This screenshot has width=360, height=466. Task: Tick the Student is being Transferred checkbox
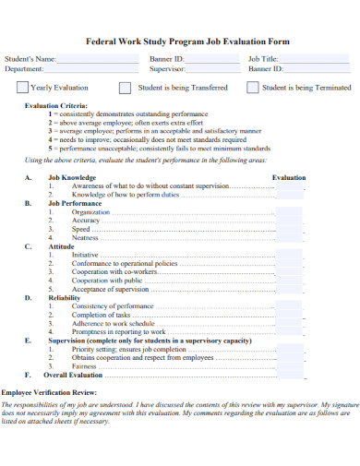point(125,88)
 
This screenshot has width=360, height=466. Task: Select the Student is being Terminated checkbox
point(251,88)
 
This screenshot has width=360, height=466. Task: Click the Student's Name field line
point(97,62)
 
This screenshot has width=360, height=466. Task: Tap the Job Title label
point(263,58)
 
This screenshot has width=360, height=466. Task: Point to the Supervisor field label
point(168,68)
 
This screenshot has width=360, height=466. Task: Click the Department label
point(24,68)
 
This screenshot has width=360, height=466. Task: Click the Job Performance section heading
point(76,202)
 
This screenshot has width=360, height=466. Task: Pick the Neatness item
point(85,237)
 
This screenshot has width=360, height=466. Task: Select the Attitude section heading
point(61,246)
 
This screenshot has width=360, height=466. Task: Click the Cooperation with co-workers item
point(114,271)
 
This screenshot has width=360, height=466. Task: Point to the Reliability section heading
point(65,297)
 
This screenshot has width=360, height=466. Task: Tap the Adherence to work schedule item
point(114,323)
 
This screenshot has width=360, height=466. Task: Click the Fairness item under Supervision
point(84,366)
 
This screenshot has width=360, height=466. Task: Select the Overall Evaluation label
point(73,376)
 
